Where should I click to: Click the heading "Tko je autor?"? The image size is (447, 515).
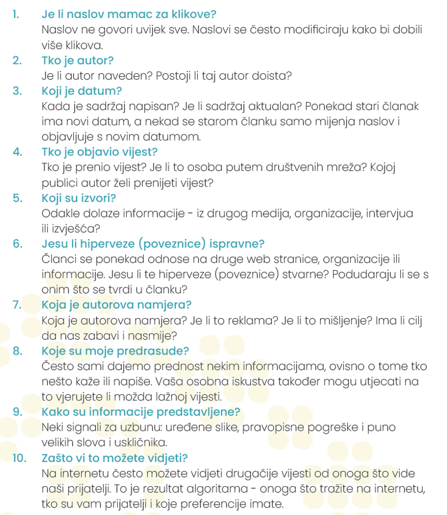[77, 60]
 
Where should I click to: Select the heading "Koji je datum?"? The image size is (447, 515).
[81, 91]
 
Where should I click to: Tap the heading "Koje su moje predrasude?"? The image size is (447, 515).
[115, 350]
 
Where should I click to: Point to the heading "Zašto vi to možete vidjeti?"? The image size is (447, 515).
[115, 458]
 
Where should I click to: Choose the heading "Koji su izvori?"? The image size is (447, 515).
[79, 198]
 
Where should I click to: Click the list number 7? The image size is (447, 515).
[17, 304]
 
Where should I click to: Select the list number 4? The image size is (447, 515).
[17, 152]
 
